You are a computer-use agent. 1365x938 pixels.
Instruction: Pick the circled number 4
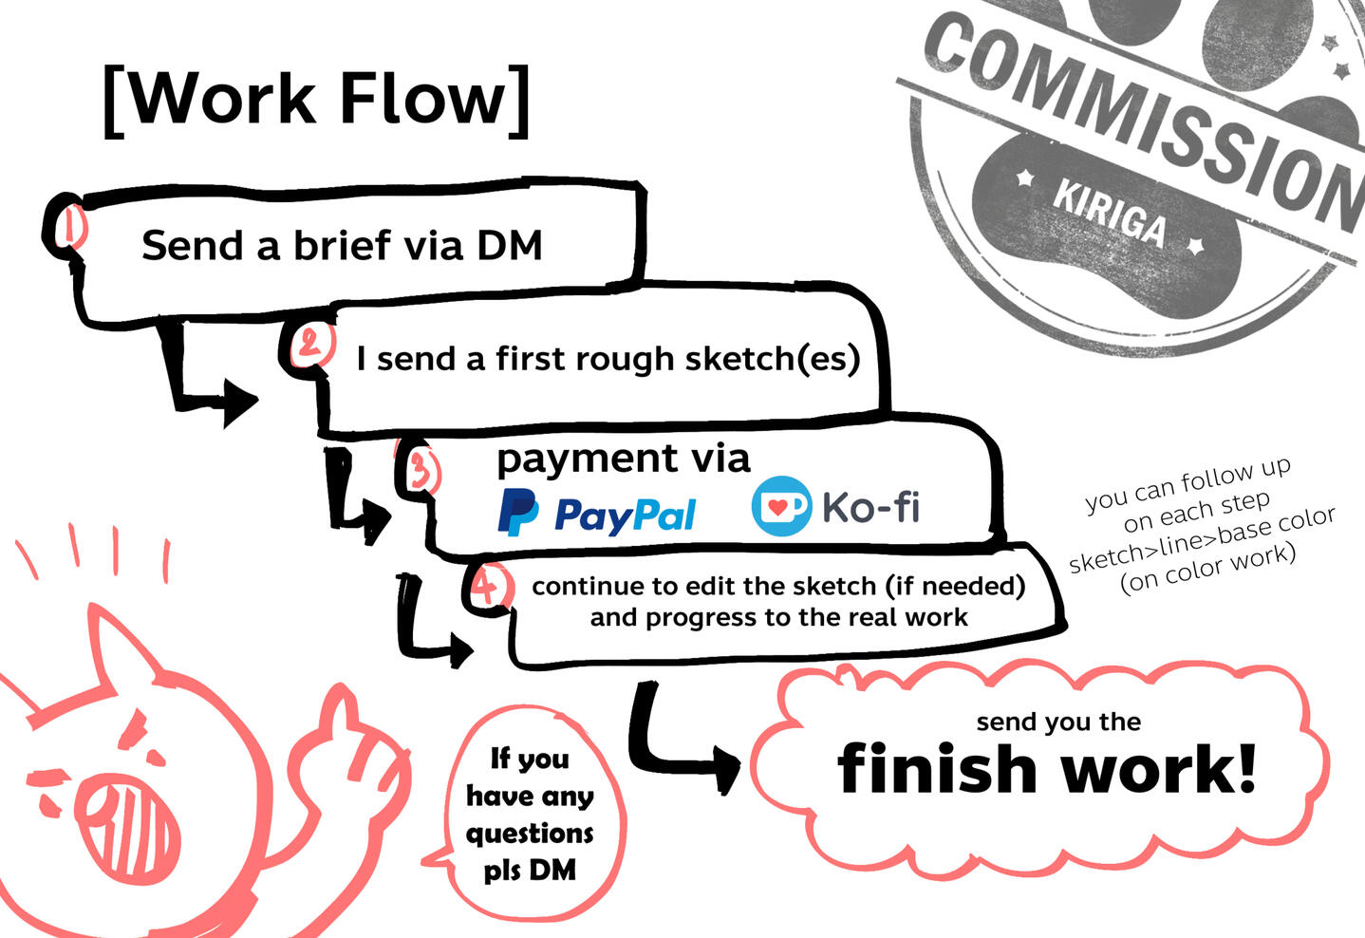(486, 587)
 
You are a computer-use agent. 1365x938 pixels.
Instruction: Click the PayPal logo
(597, 514)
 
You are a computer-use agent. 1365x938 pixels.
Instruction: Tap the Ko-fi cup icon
(781, 506)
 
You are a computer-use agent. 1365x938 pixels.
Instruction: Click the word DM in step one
(509, 246)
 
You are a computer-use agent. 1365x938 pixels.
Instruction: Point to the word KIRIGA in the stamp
(1109, 212)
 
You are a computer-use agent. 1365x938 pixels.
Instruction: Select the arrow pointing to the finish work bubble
(683, 750)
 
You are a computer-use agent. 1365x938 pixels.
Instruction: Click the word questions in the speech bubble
(530, 834)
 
